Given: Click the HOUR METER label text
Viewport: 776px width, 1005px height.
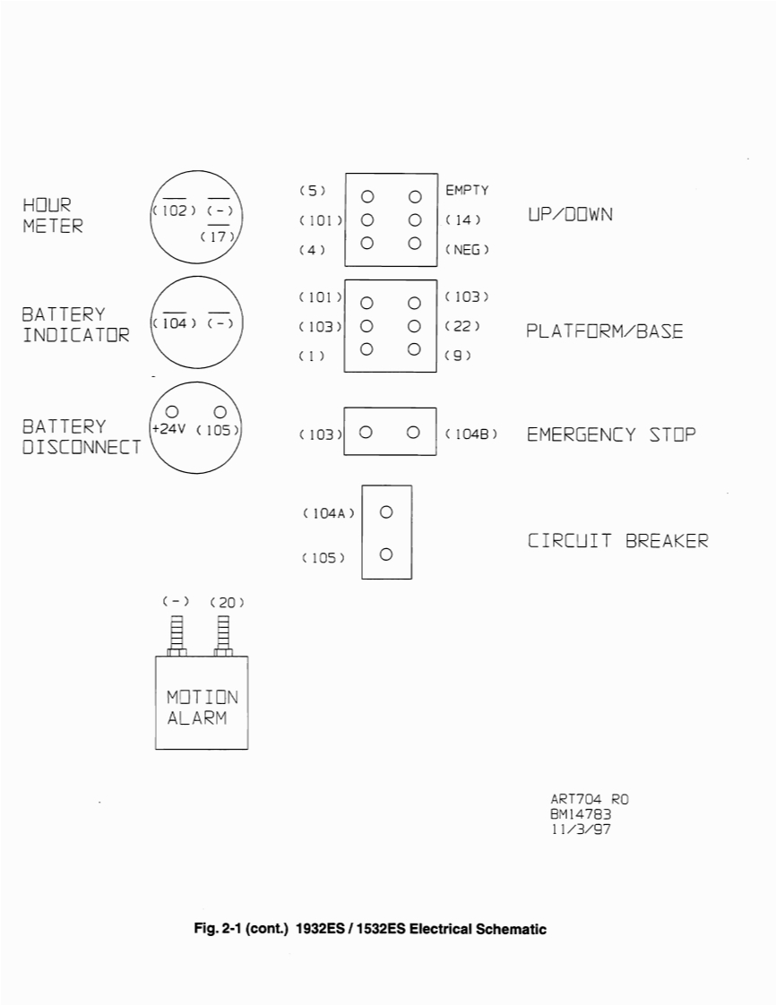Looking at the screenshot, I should (53, 216).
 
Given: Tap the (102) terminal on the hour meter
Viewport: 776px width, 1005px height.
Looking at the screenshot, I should (174, 210).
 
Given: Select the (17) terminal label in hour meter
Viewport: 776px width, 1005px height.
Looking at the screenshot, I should (219, 237).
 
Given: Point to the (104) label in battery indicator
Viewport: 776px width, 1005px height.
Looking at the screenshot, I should (174, 322).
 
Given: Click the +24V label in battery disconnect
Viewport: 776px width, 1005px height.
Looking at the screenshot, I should (168, 429).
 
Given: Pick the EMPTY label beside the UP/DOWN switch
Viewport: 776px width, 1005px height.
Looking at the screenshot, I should (467, 191).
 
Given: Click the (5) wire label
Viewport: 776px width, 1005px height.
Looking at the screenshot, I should (312, 191).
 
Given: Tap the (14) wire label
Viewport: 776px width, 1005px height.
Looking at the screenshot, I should (463, 219).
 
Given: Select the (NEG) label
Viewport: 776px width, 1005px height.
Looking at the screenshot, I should (467, 250).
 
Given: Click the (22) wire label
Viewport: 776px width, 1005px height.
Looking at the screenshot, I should (463, 326).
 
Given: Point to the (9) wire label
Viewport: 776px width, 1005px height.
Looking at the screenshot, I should (458, 356).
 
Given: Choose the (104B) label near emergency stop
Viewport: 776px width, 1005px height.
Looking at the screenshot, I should (471, 434).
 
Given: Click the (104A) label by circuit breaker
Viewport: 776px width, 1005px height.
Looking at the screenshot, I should (329, 513).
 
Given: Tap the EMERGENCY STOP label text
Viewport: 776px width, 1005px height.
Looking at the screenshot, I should (611, 435).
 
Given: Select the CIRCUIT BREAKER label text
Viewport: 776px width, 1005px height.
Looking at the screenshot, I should (617, 541).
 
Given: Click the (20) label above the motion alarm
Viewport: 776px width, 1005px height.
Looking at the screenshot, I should (227, 603).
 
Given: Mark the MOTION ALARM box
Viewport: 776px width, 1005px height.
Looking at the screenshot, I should (203, 703).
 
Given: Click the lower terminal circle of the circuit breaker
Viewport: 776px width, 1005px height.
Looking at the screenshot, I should (386, 554).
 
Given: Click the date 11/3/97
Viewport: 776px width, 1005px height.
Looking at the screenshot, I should (582, 829).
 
